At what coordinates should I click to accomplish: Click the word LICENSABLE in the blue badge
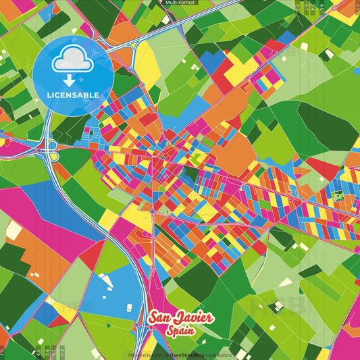(74, 95)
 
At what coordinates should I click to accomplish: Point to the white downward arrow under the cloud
(73, 80)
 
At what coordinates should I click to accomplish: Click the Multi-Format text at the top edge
(179, 3)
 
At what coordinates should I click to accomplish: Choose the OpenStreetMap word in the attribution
(190, 354)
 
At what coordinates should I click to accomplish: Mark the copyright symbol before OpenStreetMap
(167, 354)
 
